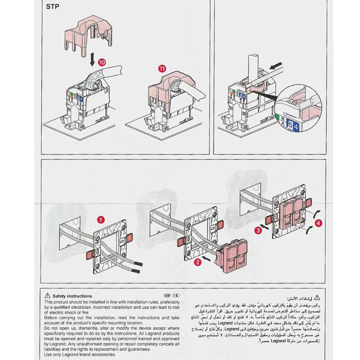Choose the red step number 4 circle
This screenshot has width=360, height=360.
(x=319, y=222)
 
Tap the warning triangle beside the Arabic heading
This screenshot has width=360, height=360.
(x=318, y=297)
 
